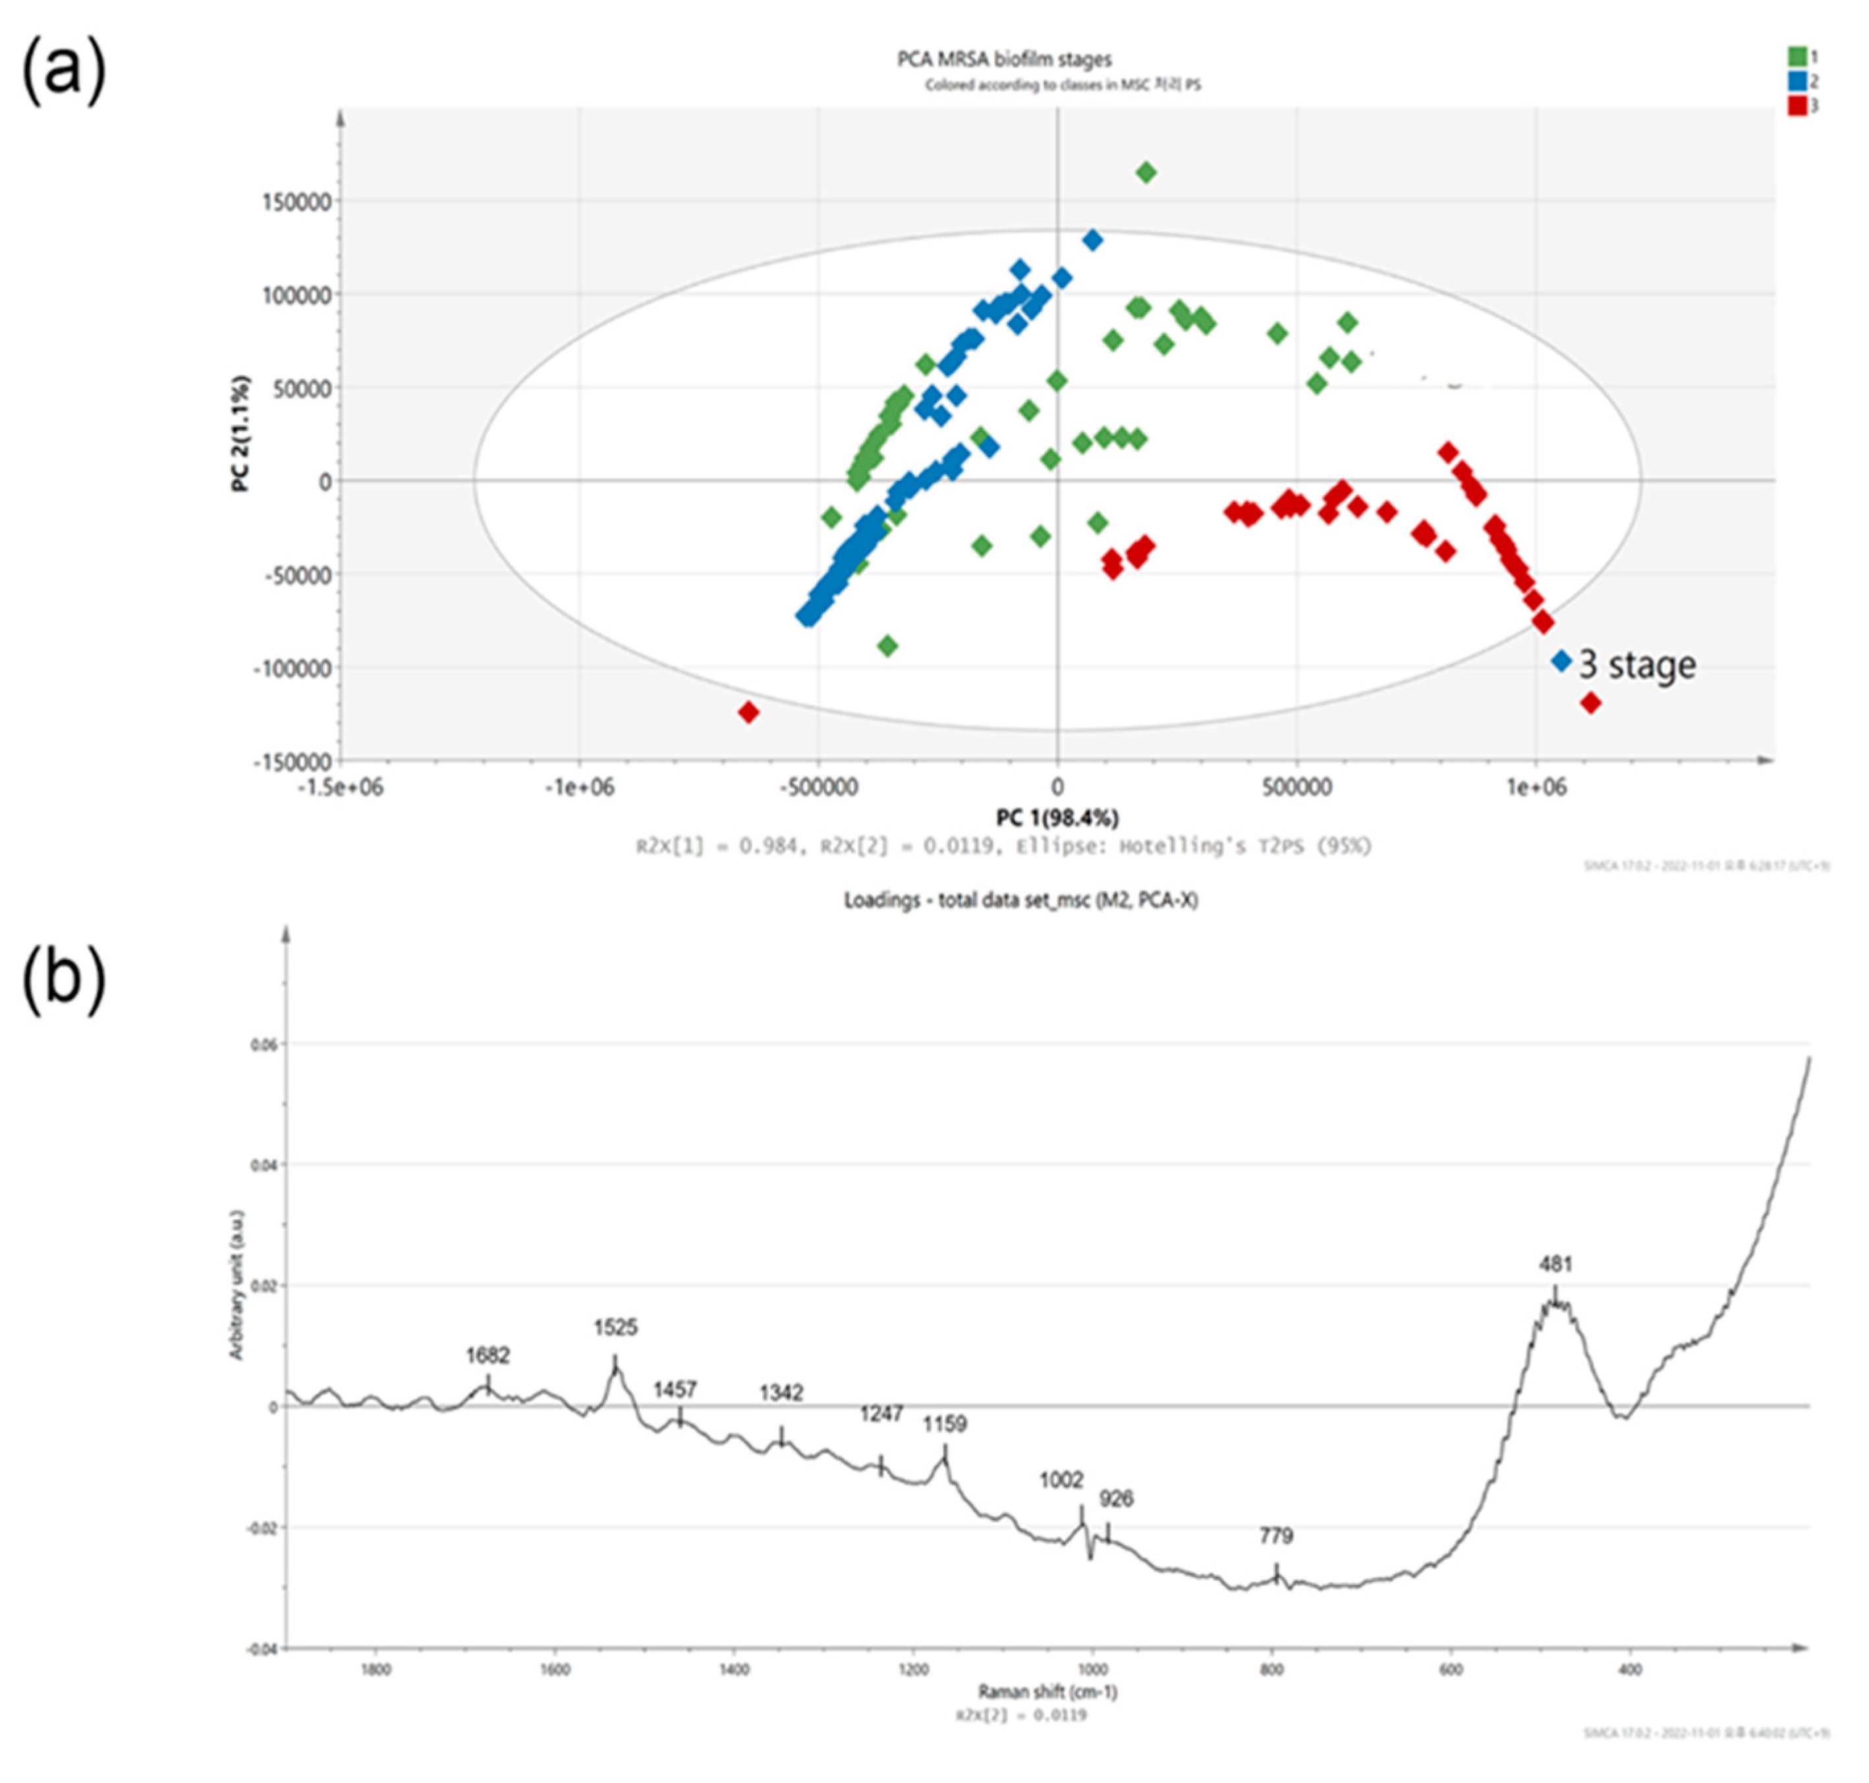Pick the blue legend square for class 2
point(1796,82)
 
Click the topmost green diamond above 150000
point(1146,172)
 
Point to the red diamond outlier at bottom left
point(748,712)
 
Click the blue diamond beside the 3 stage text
point(1561,661)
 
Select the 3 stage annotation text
point(1637,665)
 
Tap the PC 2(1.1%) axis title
point(242,433)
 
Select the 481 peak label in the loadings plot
point(1555,1264)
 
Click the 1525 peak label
point(615,1327)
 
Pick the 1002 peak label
point(1061,1480)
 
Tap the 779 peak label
point(1276,1536)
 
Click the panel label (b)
point(63,978)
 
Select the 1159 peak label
point(944,1424)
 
